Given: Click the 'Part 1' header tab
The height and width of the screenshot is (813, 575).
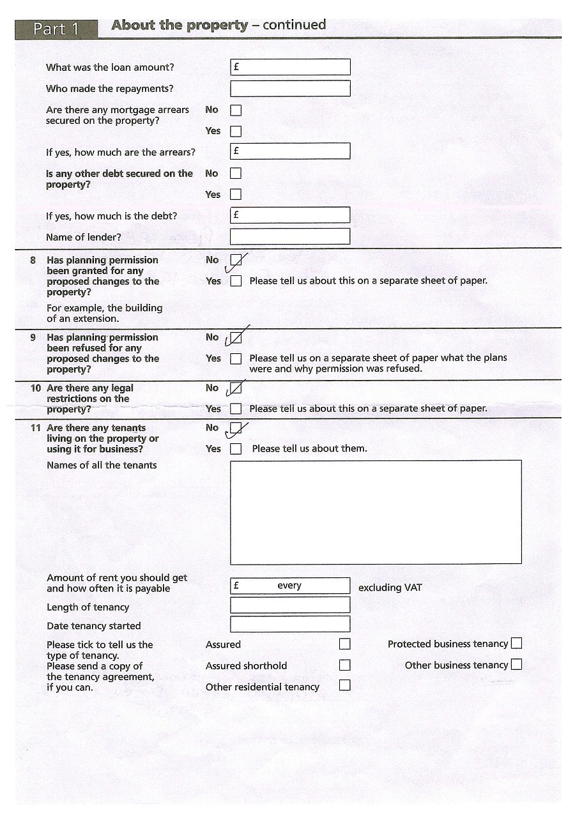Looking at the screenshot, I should [56, 29].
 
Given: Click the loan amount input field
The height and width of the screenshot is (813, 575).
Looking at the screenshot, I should [290, 67].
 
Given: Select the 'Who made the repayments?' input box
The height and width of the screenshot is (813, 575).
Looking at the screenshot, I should [290, 88].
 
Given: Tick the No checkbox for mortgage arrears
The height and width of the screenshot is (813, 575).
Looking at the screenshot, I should [236, 110].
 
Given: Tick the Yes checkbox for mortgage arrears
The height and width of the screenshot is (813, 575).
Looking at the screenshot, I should [236, 131].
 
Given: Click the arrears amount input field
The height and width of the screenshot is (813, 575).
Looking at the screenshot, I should [290, 151].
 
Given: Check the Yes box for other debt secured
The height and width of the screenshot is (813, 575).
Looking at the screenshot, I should [236, 194].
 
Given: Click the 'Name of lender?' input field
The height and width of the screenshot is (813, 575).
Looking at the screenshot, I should [290, 236].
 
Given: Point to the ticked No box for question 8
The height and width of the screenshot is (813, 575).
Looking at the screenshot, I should [236, 260].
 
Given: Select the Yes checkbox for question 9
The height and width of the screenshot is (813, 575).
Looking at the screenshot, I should [236, 358].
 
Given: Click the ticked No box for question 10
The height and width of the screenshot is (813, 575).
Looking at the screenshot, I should [236, 388].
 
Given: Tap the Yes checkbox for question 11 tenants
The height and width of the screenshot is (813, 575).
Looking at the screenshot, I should [236, 449].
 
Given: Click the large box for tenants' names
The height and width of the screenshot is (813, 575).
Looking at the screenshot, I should [376, 512].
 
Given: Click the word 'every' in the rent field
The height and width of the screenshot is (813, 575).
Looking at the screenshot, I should [289, 586].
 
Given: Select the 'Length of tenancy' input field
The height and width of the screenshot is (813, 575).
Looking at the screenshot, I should [290, 605].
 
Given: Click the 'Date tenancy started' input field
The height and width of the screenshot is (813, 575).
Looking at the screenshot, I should [290, 624].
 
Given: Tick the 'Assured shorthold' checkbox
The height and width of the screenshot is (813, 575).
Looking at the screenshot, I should [345, 665].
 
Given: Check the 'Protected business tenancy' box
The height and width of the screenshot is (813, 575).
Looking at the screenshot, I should [516, 644].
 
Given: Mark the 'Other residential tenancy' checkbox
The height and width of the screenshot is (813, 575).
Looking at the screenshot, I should [345, 685].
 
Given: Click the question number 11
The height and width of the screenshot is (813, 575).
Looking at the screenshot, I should [36, 428].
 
